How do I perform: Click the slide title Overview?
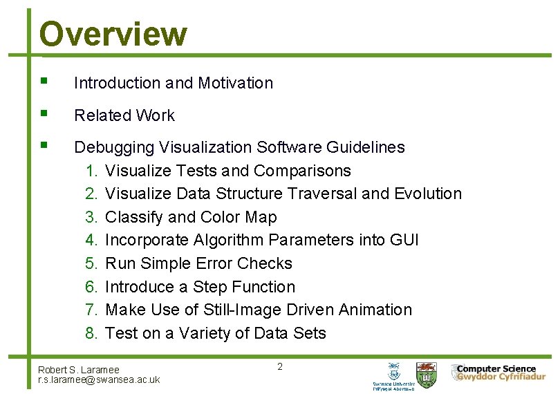click(x=113, y=33)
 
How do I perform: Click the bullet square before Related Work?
click(x=44, y=113)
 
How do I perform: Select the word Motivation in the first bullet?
click(x=235, y=83)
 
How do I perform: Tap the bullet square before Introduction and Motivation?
click(x=44, y=81)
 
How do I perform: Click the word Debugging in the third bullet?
click(x=114, y=147)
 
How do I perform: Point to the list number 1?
click(x=93, y=171)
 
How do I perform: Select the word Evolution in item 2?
click(x=427, y=194)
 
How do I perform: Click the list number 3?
click(x=93, y=217)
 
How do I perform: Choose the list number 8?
click(x=93, y=333)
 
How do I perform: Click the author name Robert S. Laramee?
click(x=79, y=370)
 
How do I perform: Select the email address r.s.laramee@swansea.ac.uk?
click(x=99, y=379)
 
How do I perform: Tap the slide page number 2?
click(x=280, y=366)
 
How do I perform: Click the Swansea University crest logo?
click(x=393, y=371)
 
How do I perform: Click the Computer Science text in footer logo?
click(x=496, y=368)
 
